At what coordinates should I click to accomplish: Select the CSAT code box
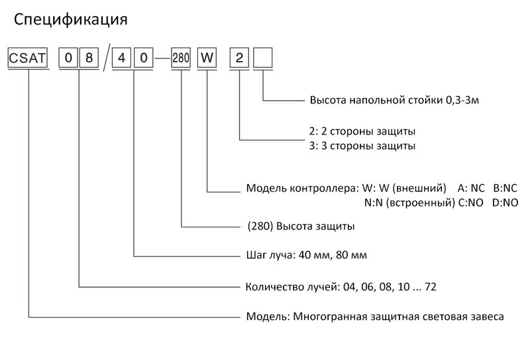27,58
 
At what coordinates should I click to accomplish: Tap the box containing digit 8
88,58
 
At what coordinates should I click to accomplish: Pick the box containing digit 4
122,58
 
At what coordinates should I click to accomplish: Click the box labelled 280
181,58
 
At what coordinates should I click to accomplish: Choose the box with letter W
207,58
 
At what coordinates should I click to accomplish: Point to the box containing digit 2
239,58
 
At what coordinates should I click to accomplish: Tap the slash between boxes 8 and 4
105,58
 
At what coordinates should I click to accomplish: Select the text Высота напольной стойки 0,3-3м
394,101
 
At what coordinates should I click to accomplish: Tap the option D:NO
505,202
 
